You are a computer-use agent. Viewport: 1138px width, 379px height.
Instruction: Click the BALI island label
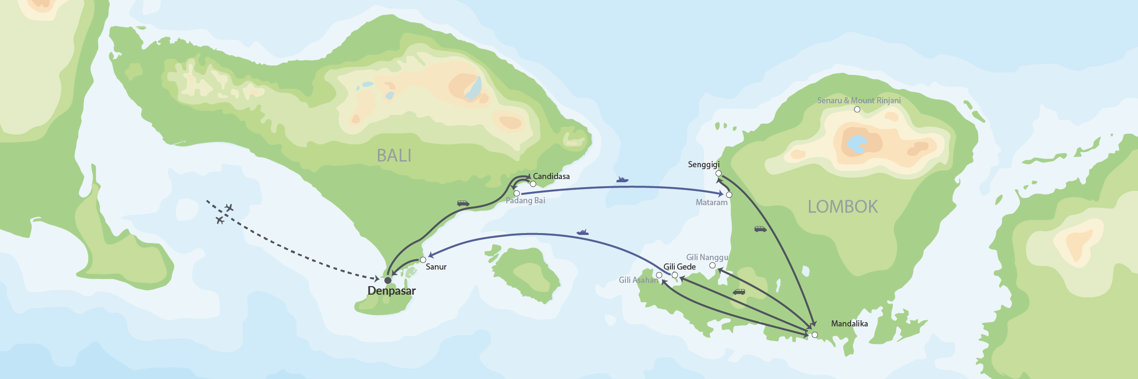point(394,155)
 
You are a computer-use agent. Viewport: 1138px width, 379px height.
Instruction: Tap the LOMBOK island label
point(843,207)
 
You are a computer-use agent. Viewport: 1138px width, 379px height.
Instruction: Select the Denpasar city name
point(392,291)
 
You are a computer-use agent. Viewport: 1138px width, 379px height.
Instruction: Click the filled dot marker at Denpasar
point(388,280)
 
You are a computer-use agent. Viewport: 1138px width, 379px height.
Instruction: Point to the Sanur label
point(436,267)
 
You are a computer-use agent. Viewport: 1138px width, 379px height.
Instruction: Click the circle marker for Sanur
point(423,260)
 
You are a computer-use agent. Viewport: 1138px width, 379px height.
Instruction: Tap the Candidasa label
point(551,176)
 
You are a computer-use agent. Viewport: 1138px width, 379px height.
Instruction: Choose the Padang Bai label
point(525,200)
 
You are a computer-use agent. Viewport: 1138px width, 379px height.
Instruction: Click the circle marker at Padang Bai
point(517,193)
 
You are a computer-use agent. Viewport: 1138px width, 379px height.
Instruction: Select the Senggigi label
point(704,164)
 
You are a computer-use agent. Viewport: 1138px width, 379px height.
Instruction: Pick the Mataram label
point(711,202)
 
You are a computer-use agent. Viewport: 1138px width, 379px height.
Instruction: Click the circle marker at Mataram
point(729,195)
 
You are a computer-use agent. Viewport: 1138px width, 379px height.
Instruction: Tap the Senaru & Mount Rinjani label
point(859,100)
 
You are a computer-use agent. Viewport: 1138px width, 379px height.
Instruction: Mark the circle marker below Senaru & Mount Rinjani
point(857,109)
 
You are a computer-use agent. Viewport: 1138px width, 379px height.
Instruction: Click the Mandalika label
point(849,324)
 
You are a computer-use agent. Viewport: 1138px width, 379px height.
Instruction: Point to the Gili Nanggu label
point(707,257)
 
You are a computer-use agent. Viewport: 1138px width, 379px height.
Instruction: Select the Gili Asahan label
point(638,280)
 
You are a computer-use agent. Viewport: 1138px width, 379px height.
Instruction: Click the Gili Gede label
point(679,267)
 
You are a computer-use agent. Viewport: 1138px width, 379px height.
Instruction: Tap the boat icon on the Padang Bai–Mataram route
point(622,180)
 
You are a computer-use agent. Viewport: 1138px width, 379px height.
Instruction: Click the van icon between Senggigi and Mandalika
point(760,229)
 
